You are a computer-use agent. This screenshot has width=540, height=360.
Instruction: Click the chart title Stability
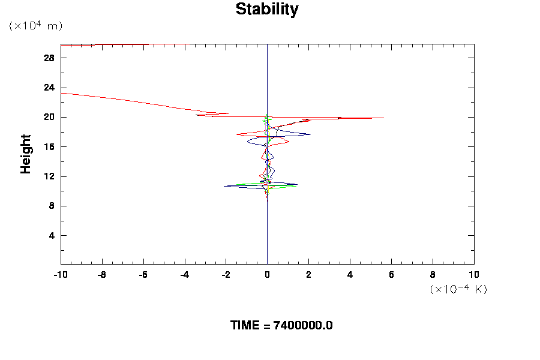pyautogui.click(x=267, y=10)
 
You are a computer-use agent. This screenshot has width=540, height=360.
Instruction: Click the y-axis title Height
pyautogui.click(x=26, y=161)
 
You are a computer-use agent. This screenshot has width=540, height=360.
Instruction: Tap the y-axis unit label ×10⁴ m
pyautogui.click(x=35, y=26)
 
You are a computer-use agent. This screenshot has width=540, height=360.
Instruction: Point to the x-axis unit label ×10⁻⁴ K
pyautogui.click(x=458, y=289)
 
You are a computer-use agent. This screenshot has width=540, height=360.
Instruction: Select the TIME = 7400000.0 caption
pyautogui.click(x=281, y=325)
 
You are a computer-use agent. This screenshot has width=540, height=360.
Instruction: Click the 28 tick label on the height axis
pyautogui.click(x=50, y=58)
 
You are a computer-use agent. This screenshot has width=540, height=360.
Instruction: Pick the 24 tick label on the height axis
pyautogui.click(x=50, y=88)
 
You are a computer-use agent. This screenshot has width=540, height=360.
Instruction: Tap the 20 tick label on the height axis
pyautogui.click(x=50, y=117)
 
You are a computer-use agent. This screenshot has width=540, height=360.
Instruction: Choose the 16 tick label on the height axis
pyautogui.click(x=50, y=147)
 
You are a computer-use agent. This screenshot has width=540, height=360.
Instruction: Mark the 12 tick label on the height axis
pyautogui.click(x=50, y=176)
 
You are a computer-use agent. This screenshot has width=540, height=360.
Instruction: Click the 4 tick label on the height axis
pyautogui.click(x=52, y=235)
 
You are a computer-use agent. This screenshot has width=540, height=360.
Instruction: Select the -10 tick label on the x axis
pyautogui.click(x=60, y=275)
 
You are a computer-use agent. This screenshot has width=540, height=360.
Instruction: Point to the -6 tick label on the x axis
pyautogui.click(x=143, y=275)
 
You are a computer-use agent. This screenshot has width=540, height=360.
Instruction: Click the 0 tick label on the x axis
pyautogui.click(x=267, y=275)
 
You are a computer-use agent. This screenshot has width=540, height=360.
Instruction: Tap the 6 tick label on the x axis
pyautogui.click(x=391, y=275)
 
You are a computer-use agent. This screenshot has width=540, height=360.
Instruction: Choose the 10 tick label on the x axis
pyautogui.click(x=474, y=275)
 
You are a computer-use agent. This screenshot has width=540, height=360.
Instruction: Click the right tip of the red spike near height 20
pyautogui.click(x=383, y=118)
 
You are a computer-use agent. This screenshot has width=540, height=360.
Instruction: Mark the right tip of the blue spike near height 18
pyautogui.click(x=310, y=134)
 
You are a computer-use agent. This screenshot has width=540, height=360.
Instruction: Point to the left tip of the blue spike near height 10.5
pyautogui.click(x=224, y=186)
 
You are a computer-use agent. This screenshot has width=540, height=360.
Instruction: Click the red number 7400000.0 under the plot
pyautogui.click(x=303, y=325)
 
